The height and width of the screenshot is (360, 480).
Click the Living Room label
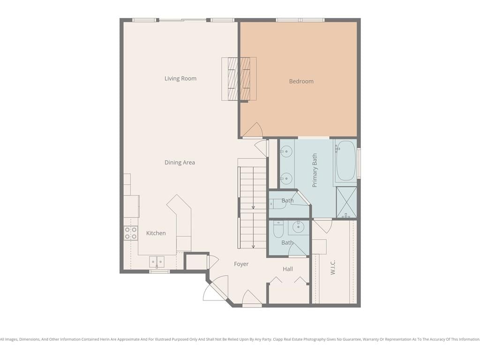(x=180, y=79)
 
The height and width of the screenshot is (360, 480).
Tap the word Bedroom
(x=301, y=82)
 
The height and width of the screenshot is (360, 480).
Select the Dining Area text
(x=180, y=163)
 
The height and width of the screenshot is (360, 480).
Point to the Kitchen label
(x=156, y=233)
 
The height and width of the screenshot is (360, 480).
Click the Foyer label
(x=241, y=264)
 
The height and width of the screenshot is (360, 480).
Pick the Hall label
(x=288, y=269)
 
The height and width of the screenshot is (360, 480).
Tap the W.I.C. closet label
(x=333, y=267)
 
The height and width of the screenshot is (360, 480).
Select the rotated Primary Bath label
(x=315, y=170)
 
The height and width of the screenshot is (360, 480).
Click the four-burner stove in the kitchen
(x=131, y=233)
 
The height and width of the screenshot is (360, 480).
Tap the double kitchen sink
(x=157, y=262)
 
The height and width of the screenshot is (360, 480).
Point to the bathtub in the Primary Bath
(x=345, y=161)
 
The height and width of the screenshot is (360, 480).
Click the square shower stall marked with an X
(x=346, y=202)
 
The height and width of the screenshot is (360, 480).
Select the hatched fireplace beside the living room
(x=239, y=79)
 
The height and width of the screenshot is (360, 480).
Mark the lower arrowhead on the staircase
(x=253, y=247)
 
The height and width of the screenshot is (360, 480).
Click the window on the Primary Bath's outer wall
(x=359, y=163)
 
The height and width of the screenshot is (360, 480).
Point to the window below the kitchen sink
(x=159, y=271)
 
